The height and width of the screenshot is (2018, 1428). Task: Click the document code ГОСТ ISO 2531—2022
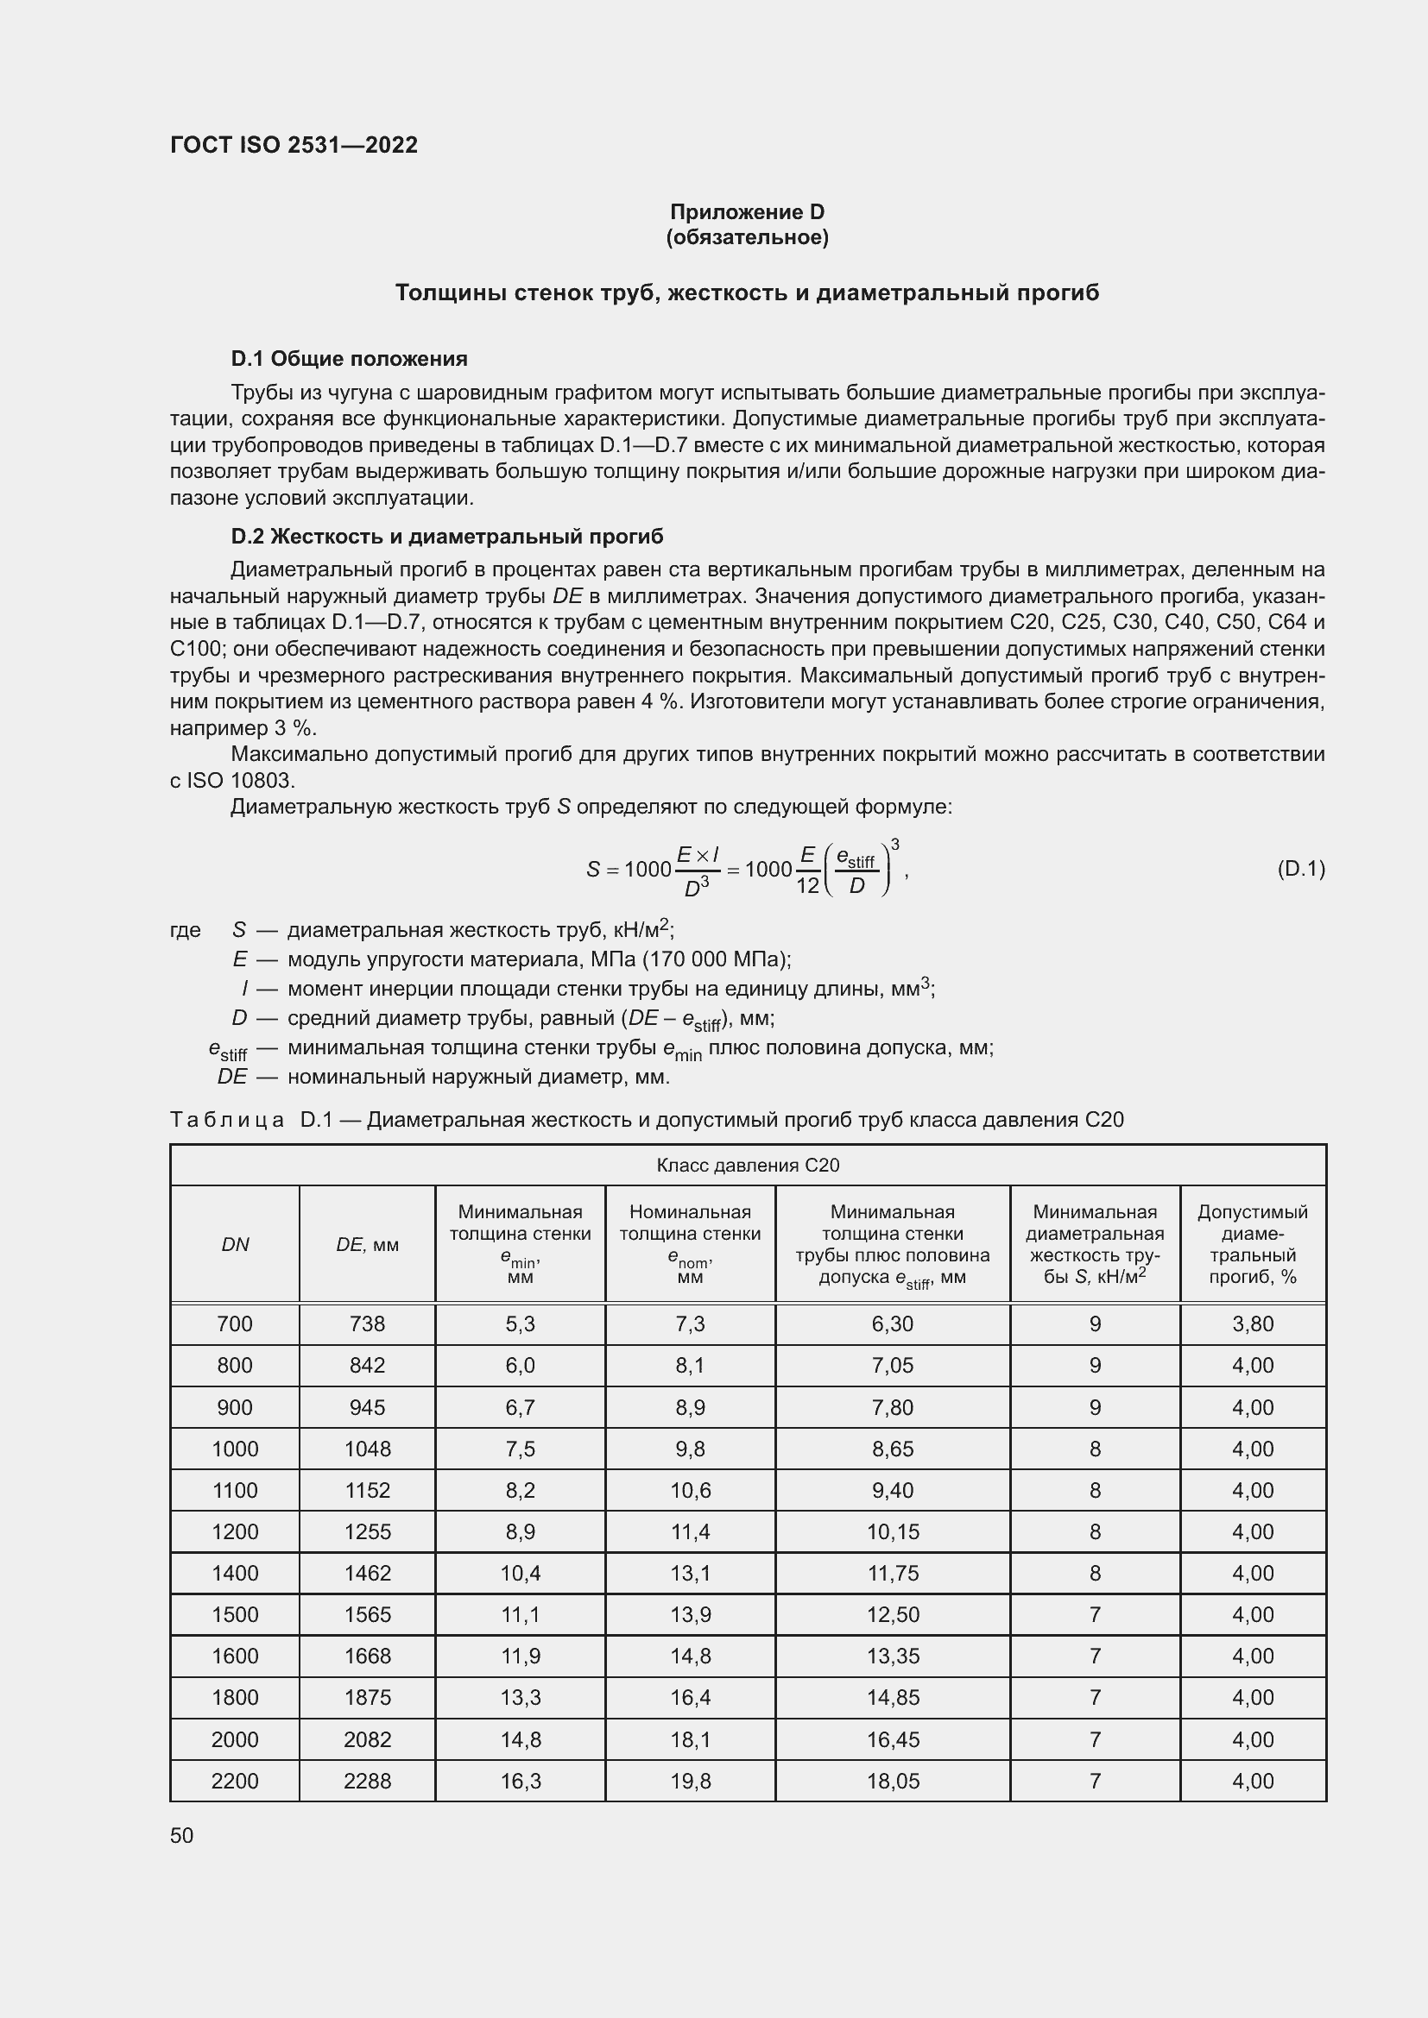294,145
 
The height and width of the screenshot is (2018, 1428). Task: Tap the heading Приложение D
747,212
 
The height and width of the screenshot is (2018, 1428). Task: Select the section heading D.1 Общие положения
349,359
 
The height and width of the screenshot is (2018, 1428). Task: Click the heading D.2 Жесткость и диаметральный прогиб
446,536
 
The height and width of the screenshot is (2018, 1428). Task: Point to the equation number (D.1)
1299,870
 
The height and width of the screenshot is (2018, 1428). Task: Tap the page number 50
182,1835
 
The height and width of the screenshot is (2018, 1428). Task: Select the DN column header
235,1245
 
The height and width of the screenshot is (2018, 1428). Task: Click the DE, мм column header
367,1245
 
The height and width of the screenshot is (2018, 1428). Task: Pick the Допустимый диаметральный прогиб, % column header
1252,1245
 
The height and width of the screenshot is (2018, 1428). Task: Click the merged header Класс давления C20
748,1166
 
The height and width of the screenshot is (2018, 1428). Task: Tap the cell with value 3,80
1252,1323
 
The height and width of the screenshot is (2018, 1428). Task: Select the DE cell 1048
367,1449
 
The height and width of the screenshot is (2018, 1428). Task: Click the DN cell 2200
235,1781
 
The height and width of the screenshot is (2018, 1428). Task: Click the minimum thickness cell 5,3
520,1323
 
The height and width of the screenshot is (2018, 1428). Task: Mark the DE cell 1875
367,1697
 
